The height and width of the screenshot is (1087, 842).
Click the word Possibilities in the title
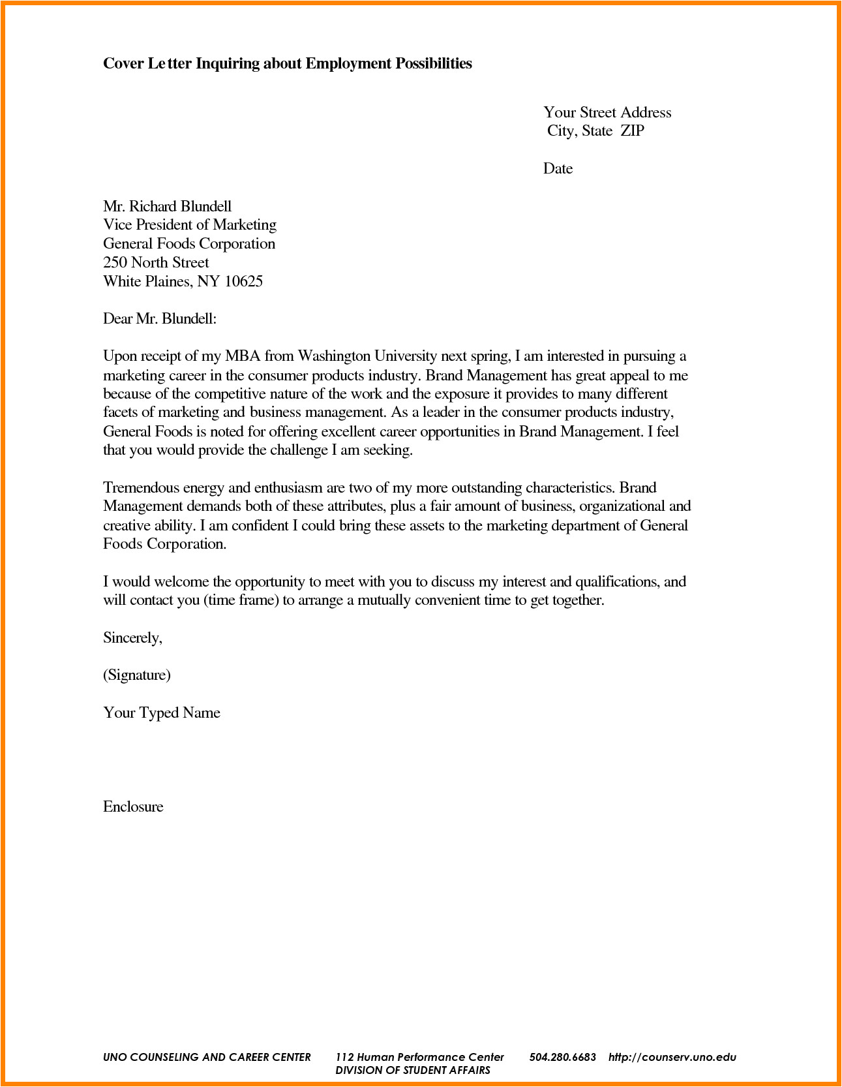coord(433,64)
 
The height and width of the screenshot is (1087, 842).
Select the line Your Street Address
coord(607,113)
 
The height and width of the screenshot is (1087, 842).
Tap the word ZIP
coord(632,131)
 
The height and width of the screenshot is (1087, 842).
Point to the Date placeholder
coord(558,169)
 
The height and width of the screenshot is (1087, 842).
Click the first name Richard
coord(153,207)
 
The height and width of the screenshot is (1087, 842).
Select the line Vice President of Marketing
coord(189,225)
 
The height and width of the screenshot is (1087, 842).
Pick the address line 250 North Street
coord(156,263)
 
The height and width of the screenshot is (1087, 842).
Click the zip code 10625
coord(243,282)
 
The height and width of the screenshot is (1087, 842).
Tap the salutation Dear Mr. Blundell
coord(159,319)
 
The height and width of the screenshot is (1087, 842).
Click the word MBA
coord(243,356)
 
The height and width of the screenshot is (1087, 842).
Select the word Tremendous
coord(141,488)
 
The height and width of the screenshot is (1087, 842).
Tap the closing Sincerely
coord(132,638)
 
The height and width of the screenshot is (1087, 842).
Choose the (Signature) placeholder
coord(137,675)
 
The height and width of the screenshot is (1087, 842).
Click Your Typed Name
coord(161,713)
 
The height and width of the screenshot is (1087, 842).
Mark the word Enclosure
coord(133,807)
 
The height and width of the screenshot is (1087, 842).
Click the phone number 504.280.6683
coord(562,1057)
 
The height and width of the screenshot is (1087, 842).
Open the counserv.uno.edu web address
coord(672,1057)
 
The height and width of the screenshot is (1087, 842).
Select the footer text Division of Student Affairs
coord(412,1070)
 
